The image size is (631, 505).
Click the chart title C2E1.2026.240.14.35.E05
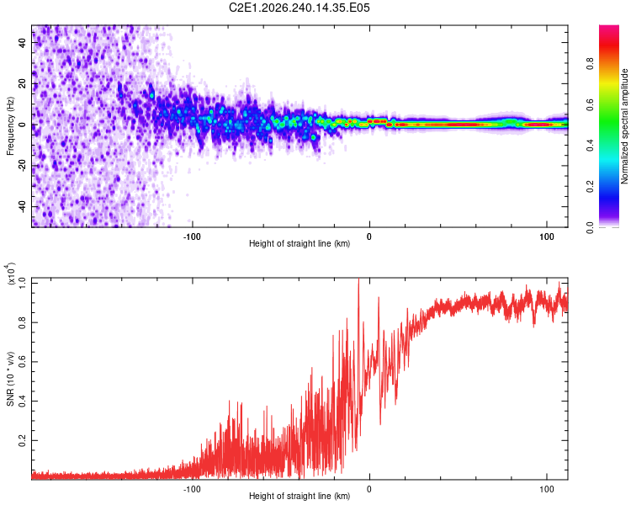299,8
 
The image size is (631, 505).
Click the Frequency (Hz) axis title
10,126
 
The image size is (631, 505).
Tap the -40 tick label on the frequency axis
22,206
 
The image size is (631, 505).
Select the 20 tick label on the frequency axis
22,83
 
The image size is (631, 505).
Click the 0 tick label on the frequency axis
22,125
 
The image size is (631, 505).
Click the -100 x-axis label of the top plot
192,237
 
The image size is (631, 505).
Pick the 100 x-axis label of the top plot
547,237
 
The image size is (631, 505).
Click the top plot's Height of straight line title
300,243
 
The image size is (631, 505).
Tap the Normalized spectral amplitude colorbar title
624,126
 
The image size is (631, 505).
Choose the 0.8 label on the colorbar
590,64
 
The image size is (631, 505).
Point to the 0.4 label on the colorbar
590,146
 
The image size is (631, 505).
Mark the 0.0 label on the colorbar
590,227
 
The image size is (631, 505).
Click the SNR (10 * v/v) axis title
10,379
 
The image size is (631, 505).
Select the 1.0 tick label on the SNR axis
22,284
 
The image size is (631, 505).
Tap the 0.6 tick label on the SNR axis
22,362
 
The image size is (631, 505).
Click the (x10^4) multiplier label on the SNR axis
10,274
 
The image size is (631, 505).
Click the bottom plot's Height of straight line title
300,496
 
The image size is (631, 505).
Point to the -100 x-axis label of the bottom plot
192,489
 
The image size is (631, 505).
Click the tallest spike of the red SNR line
358,279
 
